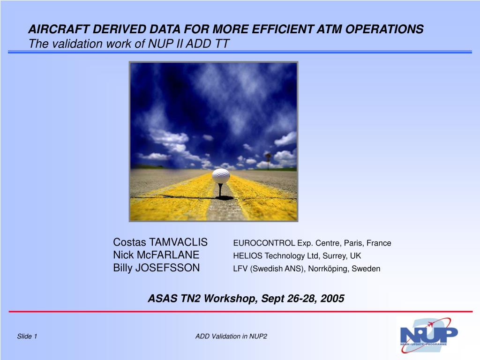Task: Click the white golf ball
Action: click(x=221, y=176)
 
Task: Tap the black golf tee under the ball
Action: click(x=220, y=190)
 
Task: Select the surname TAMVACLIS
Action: click(x=178, y=242)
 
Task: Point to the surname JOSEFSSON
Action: click(x=167, y=268)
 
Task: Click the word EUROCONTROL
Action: click(x=264, y=243)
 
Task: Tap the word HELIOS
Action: click(x=247, y=256)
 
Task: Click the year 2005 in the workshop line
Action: click(x=332, y=299)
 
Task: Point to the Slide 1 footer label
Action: click(x=27, y=337)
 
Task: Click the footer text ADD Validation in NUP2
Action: click(x=231, y=337)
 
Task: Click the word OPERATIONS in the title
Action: click(x=384, y=30)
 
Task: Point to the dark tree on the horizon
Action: click(x=268, y=160)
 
